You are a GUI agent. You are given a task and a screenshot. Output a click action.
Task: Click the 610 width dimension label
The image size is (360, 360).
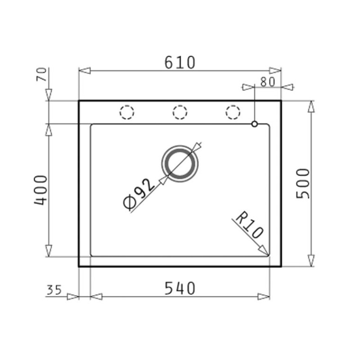180,63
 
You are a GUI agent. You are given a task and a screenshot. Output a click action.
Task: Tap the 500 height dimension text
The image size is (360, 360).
303,183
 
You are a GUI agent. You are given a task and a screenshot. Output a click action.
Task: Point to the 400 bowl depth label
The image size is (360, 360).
40,190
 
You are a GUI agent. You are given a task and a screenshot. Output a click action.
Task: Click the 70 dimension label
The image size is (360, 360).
41,74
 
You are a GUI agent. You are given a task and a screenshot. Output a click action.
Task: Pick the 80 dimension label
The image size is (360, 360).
267,82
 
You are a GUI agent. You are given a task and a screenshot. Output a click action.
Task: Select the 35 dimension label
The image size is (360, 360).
54,290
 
